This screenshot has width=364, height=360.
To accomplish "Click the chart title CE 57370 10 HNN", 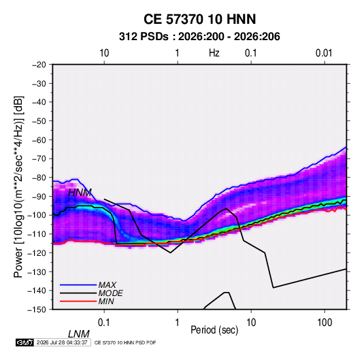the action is [199, 19].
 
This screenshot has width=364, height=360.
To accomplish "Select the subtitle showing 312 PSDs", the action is [199, 37].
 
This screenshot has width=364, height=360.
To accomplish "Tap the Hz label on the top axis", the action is [214, 53].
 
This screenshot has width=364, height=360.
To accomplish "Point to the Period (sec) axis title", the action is [214, 330].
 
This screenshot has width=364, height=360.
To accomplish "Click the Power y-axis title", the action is [18, 187].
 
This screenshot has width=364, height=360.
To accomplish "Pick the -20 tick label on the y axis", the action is [39, 65].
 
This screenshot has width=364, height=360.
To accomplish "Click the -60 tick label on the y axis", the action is [39, 140].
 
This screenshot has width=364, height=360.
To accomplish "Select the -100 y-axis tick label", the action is [37, 215].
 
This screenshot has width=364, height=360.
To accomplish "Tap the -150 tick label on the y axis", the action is [37, 310].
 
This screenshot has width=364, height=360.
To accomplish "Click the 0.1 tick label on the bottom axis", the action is [104, 323].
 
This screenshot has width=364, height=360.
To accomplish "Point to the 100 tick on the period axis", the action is [325, 323].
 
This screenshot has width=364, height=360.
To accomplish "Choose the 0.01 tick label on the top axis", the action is [324, 53].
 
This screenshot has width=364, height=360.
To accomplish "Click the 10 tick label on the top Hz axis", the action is [104, 53].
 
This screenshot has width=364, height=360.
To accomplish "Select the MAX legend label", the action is [107, 285].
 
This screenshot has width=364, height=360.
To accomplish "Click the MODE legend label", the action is [110, 293].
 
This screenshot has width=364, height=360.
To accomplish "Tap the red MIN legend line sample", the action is [78, 301].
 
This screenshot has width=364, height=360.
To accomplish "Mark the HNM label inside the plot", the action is [80, 193].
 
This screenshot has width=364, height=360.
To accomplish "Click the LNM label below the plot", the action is [79, 334].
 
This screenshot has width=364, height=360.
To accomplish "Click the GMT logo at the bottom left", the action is [24, 342].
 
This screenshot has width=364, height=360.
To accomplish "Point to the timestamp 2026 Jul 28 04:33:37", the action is [62, 342].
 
